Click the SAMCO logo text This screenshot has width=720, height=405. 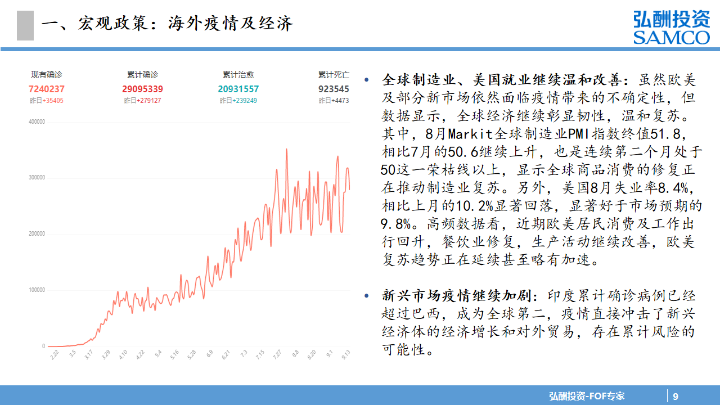pos(672,37)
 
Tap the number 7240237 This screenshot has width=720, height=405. pos(47,89)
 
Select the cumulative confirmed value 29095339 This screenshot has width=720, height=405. pos(142,89)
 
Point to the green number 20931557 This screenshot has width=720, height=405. pos(238,89)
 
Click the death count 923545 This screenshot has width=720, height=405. pos(334,89)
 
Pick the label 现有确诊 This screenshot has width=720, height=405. pos(47,75)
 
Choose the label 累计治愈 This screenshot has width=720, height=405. pos(238,75)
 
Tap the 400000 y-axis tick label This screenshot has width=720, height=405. pos(37,121)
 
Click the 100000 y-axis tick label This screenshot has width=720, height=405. pos(37,290)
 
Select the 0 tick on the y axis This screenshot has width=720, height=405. pos(43,346)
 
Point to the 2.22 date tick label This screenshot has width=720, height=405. pos(55,354)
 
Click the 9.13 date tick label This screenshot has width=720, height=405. pos(345,354)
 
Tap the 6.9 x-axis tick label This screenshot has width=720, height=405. pos(210,354)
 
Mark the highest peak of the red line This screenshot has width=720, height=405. pos(286,149)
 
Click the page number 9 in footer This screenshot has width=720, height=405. pos(676,397)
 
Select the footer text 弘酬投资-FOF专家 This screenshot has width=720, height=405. pos(587,396)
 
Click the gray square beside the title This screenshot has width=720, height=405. pos(25,25)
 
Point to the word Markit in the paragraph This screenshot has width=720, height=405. pos(470,134)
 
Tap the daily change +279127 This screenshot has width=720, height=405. pos(149,101)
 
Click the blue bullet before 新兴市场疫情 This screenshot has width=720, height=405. pos(366,295)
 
